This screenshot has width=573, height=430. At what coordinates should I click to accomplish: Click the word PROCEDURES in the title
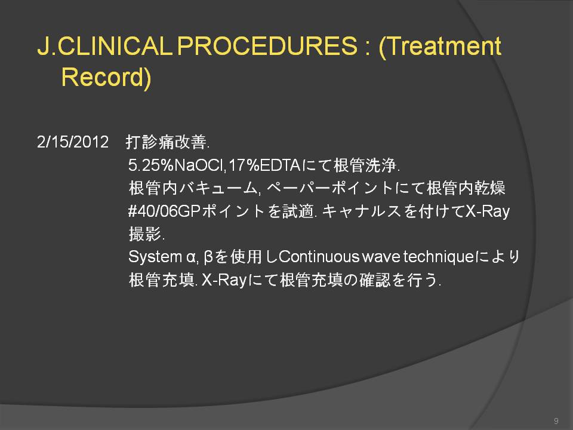click(x=267, y=46)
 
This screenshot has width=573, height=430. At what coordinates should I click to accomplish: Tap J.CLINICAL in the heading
click(x=105, y=46)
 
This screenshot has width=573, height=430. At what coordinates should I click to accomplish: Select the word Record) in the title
click(x=106, y=77)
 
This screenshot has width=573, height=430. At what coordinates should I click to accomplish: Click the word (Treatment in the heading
click(x=440, y=47)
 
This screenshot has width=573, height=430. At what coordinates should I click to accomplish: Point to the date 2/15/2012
click(x=73, y=142)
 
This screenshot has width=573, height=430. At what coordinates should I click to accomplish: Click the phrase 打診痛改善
click(x=167, y=142)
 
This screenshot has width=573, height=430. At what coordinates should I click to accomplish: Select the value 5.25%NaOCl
click(x=175, y=165)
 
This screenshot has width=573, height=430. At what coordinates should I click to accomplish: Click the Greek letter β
click(x=208, y=257)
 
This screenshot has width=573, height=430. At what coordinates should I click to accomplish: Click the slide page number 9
click(x=556, y=420)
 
